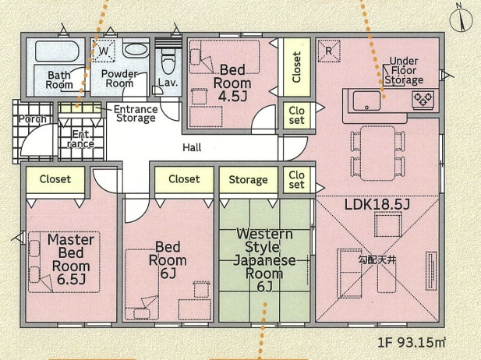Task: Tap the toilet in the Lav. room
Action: pyautogui.click(x=168, y=63)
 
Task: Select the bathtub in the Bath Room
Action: pyautogui.click(x=58, y=51)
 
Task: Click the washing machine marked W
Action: pyautogui.click(x=104, y=51)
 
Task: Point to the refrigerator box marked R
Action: pyautogui.click(x=329, y=51)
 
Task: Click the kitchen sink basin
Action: pyautogui.click(x=366, y=101)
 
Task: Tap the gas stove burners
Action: pyautogui.click(x=423, y=99)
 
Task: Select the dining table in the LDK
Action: pyautogui.click(x=377, y=153)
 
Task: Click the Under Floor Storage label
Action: pyautogui.click(x=404, y=71)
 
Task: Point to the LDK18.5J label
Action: pyautogui.click(x=377, y=204)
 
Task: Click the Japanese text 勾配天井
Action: pyautogui.click(x=377, y=260)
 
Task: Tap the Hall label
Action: pyautogui.click(x=192, y=147)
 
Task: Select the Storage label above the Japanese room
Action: pyautogui.click(x=248, y=180)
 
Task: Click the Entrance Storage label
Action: pyautogui.click(x=136, y=114)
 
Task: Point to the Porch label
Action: pyautogui.click(x=33, y=118)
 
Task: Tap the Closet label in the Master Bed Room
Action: pyautogui.click(x=55, y=179)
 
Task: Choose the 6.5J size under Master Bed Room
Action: pyautogui.click(x=71, y=280)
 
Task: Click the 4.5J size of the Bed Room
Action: pyautogui.click(x=232, y=97)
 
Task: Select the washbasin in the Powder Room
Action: pyautogui.click(x=136, y=49)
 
